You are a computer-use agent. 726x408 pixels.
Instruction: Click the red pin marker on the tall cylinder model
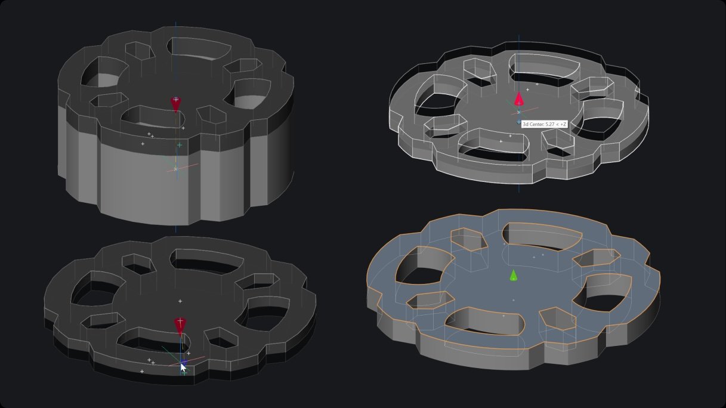tap(175, 104)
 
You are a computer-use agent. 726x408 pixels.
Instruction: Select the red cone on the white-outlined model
tap(519, 99)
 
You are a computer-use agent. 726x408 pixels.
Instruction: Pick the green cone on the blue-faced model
tap(513, 275)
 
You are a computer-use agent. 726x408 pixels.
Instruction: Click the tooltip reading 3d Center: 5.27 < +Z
tap(544, 124)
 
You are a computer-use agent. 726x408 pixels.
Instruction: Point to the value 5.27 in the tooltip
tap(550, 124)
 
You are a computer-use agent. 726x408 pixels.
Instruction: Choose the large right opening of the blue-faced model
tap(607, 292)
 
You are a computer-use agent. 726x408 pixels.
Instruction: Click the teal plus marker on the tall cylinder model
tap(180, 145)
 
